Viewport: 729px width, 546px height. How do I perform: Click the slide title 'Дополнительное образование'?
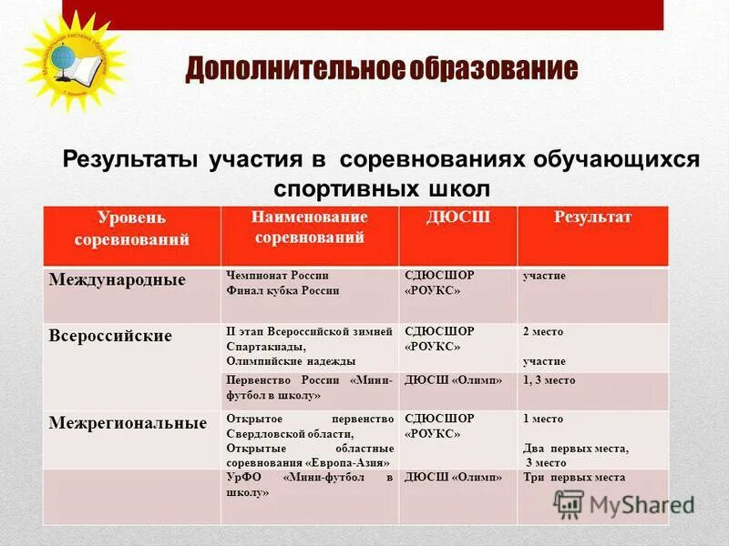point(382,70)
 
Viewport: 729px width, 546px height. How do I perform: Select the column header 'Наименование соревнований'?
point(310,227)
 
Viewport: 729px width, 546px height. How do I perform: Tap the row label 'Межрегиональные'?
point(127,423)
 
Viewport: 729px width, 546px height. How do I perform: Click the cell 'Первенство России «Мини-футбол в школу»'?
point(309,388)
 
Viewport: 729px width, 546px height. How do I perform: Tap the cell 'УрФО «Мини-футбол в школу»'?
point(309,484)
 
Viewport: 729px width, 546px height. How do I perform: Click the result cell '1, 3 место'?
point(549,380)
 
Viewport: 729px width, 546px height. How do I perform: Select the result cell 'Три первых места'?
point(573,478)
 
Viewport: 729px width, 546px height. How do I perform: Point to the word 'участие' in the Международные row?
point(544,275)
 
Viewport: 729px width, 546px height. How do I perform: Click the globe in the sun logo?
point(67,54)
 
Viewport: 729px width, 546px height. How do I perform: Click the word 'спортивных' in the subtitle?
point(346,188)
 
